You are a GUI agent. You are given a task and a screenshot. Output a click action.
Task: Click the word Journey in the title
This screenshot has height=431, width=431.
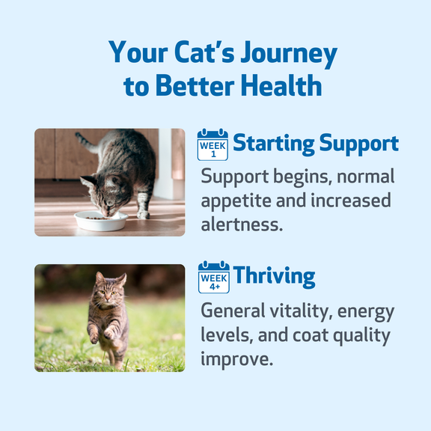(x=289, y=54)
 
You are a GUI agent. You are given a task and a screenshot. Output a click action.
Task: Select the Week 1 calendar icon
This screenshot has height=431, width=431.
(x=213, y=144)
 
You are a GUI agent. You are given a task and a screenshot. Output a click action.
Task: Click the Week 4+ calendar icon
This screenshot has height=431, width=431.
(x=214, y=277)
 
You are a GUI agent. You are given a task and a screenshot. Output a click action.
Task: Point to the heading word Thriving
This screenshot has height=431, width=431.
(x=275, y=276)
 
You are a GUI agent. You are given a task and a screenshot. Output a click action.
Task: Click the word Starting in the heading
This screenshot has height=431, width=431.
(x=274, y=144)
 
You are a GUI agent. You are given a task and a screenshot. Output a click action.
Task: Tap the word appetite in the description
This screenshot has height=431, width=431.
(x=236, y=201)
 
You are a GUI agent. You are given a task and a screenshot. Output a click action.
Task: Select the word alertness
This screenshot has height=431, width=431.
(x=242, y=224)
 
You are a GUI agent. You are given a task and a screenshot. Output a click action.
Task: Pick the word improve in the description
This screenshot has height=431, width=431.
(x=237, y=359)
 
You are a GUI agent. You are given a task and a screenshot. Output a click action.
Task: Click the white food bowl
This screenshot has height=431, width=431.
(x=101, y=221)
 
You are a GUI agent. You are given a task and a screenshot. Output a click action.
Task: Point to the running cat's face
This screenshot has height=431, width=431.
(x=107, y=291)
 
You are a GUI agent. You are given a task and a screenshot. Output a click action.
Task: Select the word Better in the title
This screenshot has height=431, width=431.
(x=195, y=85)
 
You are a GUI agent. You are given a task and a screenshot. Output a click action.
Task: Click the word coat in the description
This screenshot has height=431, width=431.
(x=311, y=336)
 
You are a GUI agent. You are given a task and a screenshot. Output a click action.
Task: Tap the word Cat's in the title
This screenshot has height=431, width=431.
(x=205, y=52)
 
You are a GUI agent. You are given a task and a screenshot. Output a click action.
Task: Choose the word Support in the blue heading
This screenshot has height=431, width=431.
(x=359, y=144)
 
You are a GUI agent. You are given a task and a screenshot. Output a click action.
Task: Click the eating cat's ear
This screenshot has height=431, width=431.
(x=88, y=181)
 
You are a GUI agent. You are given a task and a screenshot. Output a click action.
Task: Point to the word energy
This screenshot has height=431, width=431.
(x=366, y=313)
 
